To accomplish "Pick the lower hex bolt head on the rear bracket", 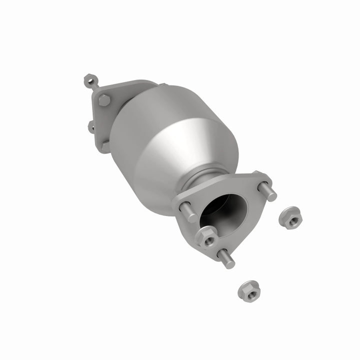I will click(104, 145).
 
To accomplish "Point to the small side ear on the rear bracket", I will click(91, 126).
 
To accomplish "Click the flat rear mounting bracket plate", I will click(100, 120).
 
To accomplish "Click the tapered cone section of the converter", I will click(200, 145).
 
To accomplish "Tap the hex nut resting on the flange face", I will click(205, 235).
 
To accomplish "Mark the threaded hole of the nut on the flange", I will click(205, 236).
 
